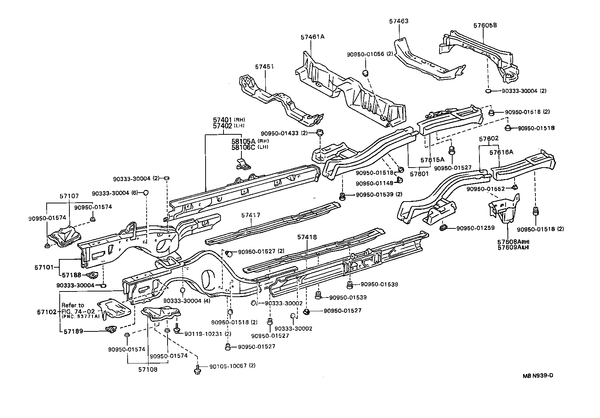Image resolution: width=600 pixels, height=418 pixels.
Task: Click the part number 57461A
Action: coord(312,37)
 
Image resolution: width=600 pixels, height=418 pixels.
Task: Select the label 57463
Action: coord(399,21)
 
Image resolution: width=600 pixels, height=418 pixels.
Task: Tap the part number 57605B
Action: coord(485,25)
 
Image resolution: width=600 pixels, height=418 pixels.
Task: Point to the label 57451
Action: coord(264,67)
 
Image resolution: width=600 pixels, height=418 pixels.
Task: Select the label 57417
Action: coord(250,215)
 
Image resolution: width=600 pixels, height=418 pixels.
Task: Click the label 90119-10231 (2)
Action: coord(207,334)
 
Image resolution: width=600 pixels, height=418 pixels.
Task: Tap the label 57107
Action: coord(69,196)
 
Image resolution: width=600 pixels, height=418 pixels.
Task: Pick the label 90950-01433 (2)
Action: coord(284,133)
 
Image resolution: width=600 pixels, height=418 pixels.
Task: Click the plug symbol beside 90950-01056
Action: coord(366,72)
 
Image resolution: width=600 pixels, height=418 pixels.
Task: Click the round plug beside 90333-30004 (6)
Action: coord(146,193)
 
